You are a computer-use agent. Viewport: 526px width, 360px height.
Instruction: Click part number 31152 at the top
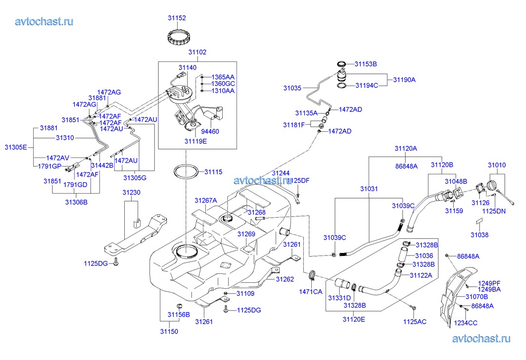tap(176, 18)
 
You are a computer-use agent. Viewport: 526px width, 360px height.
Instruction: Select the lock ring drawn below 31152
tap(176, 38)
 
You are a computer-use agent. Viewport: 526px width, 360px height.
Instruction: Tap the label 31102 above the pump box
tap(197, 52)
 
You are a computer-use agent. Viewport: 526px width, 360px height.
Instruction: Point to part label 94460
tap(209, 132)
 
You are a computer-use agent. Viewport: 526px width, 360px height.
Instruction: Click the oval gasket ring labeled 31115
tap(187, 172)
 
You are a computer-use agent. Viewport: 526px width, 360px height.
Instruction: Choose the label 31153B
tap(366, 64)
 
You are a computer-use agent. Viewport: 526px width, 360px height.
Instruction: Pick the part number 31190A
tap(404, 79)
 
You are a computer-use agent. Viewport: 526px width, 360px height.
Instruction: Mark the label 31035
tap(292, 88)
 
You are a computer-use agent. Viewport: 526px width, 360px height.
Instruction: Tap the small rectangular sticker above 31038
tap(479, 223)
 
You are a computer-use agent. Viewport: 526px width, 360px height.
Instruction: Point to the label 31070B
tap(477, 297)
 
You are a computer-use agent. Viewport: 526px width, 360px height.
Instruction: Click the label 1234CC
tap(466, 323)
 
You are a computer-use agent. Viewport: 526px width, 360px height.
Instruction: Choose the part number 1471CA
tap(310, 292)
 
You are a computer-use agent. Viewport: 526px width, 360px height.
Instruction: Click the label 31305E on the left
tap(16, 147)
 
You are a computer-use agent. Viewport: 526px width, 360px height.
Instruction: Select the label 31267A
tap(206, 201)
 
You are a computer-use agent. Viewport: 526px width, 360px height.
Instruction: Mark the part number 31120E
tap(354, 319)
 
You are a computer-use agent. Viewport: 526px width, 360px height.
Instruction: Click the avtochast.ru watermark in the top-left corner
tap(45, 21)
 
